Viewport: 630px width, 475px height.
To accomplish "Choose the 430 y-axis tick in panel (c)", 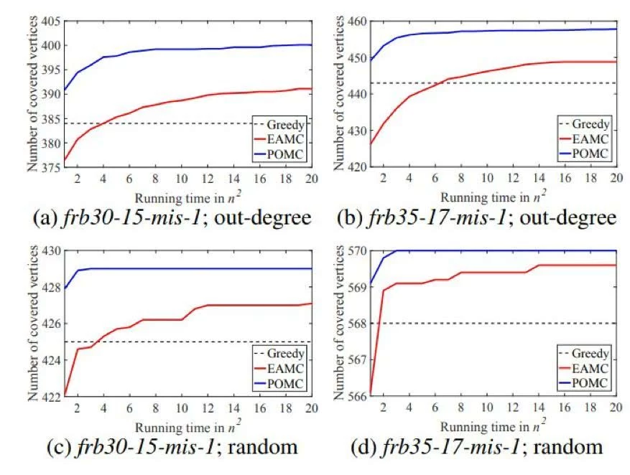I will click(50, 250).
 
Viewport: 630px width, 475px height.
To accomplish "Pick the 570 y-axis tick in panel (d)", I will click(360, 250).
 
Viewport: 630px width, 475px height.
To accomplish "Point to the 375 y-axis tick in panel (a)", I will click(50, 167).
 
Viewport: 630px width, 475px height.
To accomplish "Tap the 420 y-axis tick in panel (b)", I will click(360, 167).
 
